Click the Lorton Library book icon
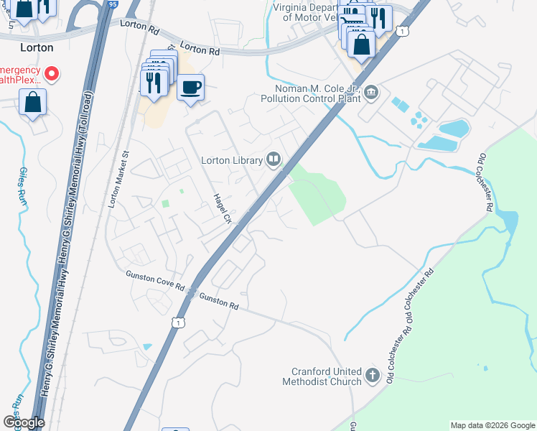tap(274, 159)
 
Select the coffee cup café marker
tap(190, 88)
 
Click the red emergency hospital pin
tap(52, 73)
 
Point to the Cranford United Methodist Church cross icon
tap(372, 375)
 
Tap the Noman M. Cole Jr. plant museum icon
tap(372, 91)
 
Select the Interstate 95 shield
tap(113, 4)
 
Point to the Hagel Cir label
tap(220, 208)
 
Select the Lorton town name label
tap(37, 47)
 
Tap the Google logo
tap(24, 422)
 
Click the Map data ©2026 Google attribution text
tap(492, 425)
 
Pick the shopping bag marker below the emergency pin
tap(33, 102)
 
